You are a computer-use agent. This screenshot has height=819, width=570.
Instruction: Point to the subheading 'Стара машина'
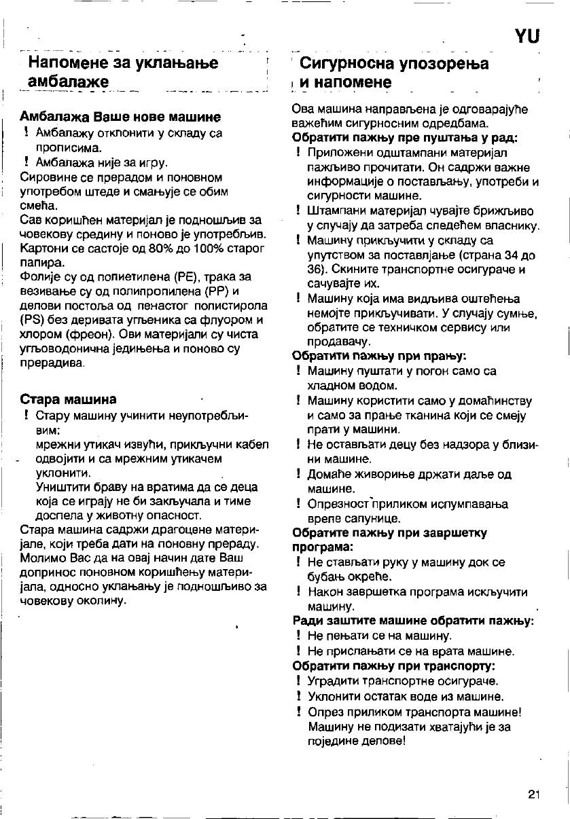[69, 399]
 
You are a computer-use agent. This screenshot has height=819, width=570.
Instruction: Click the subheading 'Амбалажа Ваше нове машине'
[122, 116]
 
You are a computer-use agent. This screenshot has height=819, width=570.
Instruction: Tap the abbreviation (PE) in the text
[188, 276]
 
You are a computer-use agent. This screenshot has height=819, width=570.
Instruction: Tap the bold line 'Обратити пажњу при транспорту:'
[393, 666]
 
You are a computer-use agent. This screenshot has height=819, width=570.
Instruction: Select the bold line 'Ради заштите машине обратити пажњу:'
[413, 621]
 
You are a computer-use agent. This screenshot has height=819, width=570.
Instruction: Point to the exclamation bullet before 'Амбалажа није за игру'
[25, 162]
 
